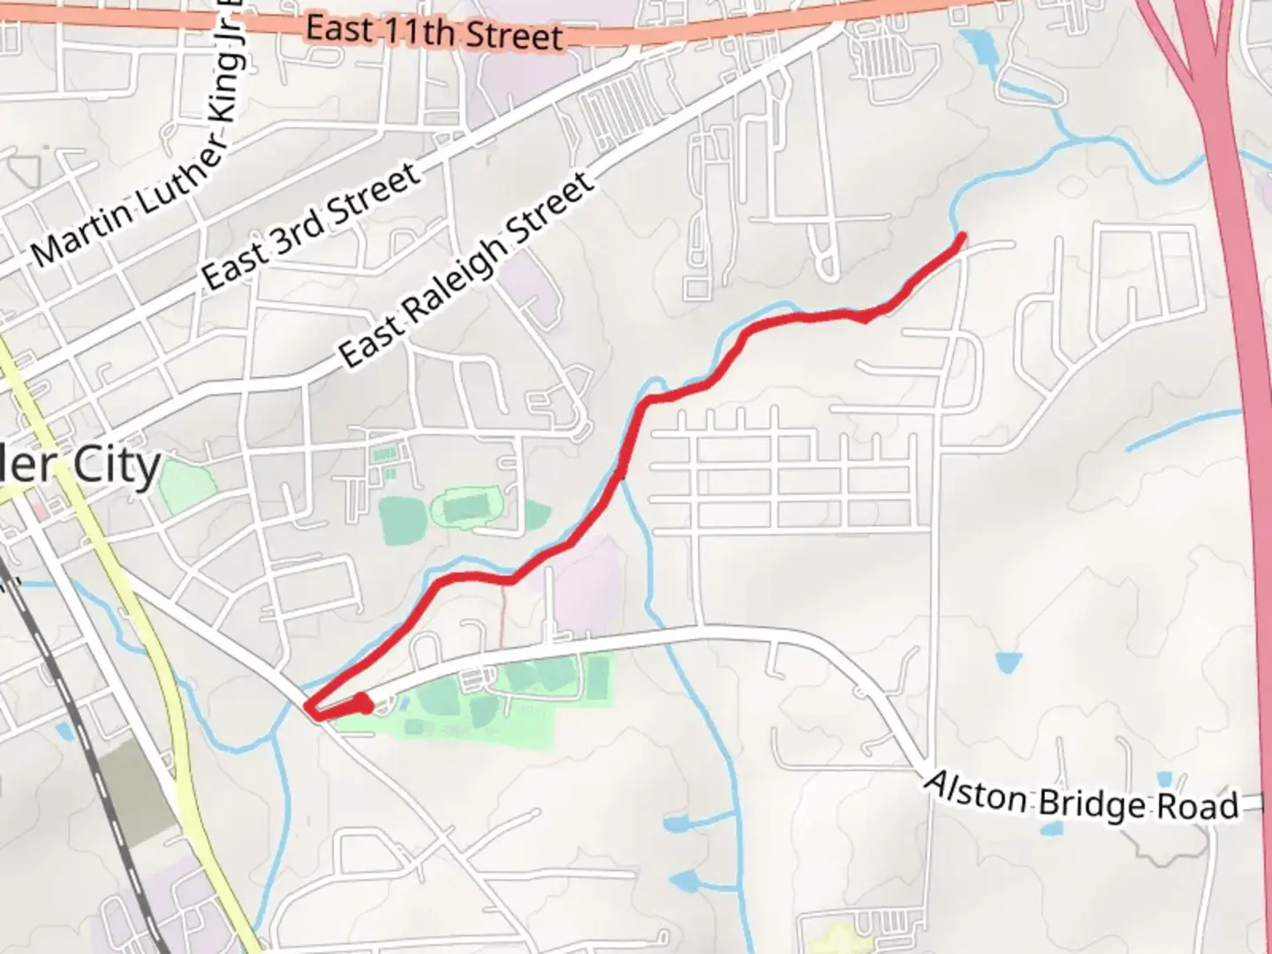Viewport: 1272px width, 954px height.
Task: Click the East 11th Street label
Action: [x=434, y=33]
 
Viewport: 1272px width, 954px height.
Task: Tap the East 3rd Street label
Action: [x=311, y=226]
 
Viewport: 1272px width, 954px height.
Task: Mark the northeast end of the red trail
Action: [x=960, y=236]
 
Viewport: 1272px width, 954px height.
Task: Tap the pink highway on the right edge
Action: [x=1237, y=265]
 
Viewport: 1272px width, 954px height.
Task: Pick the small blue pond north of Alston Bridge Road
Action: [x=1007, y=662]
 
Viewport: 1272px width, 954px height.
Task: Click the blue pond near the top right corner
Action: [x=978, y=42]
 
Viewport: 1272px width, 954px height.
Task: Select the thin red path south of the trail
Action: [x=503, y=618]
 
